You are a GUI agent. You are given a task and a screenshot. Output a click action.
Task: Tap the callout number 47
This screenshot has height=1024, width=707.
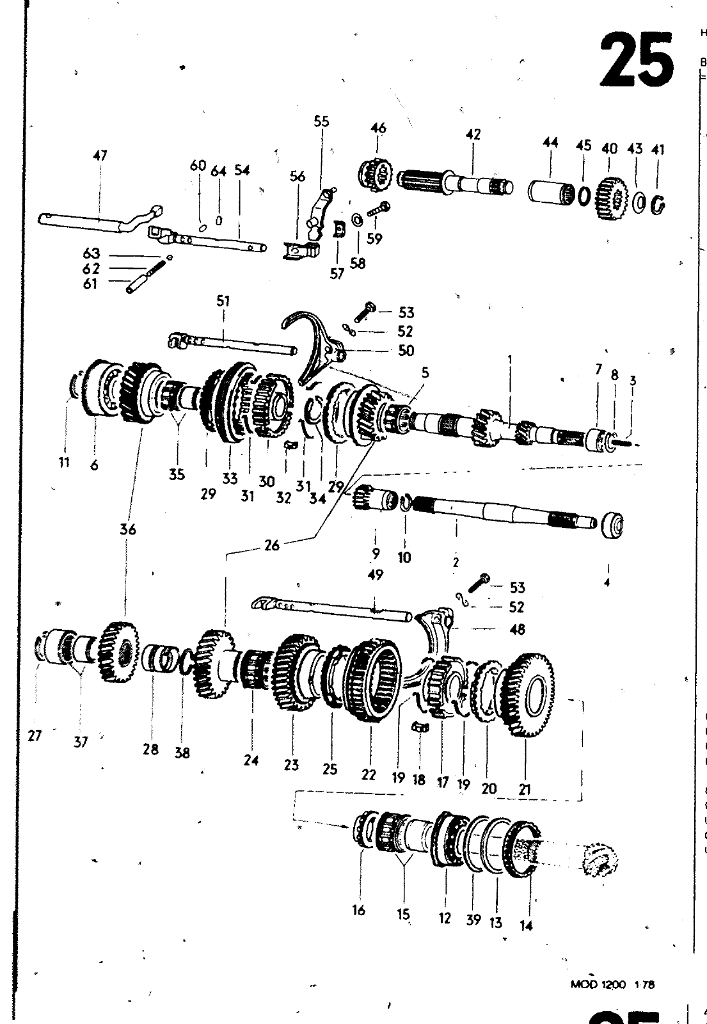pos(100,156)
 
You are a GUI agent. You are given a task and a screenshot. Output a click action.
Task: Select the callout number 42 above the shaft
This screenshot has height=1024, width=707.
pos(473,134)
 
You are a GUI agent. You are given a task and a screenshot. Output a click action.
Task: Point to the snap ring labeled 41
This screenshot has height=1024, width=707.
pos(658,205)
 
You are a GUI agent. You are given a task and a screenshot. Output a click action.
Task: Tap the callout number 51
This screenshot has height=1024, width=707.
pos(223,301)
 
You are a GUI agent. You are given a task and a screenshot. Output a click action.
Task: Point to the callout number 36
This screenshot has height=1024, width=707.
pos(128,529)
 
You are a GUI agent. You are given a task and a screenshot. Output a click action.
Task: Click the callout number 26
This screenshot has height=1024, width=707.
pos(272,545)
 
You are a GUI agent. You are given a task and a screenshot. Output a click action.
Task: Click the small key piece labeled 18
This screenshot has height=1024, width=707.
pos(419,727)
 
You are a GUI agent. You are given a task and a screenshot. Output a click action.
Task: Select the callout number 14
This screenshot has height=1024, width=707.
pos(526,925)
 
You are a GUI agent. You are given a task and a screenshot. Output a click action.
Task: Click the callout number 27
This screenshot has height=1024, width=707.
pos(35,735)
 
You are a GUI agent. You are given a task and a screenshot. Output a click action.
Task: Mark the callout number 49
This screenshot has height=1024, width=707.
pos(376,575)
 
